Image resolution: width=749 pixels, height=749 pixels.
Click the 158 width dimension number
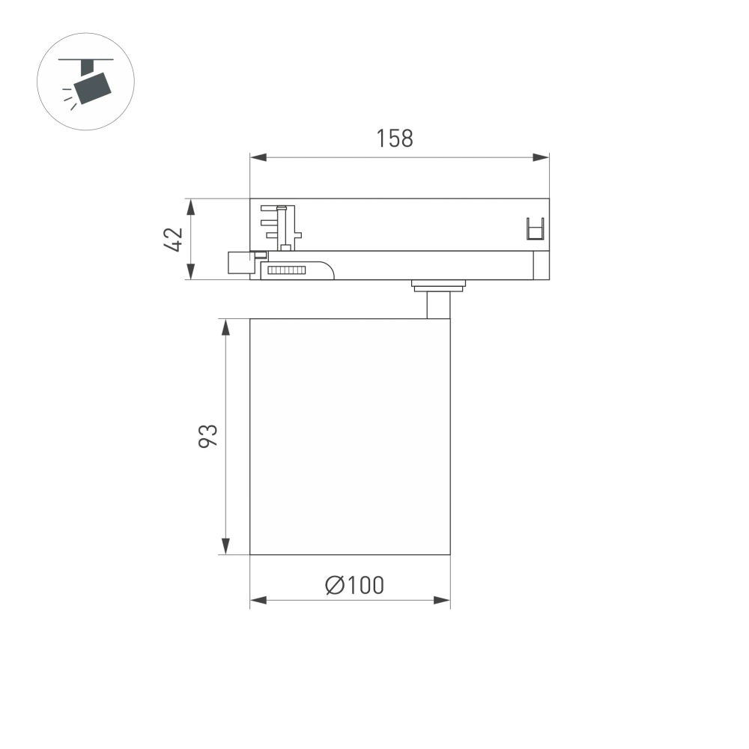[395, 139]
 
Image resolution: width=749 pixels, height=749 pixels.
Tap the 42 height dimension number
[173, 239]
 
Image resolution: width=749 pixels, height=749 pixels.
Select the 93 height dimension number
[207, 436]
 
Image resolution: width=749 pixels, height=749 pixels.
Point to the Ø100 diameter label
[354, 585]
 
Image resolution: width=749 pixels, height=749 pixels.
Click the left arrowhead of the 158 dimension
[258, 157]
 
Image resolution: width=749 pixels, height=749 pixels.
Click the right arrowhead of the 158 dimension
[541, 157]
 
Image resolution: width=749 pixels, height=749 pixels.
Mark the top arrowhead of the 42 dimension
[191, 207]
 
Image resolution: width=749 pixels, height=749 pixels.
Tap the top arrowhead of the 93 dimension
[225, 327]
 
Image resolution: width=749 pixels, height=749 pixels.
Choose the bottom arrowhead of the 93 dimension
[225, 547]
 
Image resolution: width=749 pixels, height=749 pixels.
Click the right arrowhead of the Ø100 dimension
[442, 600]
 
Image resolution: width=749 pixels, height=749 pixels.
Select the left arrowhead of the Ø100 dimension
[258, 600]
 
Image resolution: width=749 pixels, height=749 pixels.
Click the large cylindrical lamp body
[350, 437]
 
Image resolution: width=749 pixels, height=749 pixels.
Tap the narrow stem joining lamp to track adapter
[438, 304]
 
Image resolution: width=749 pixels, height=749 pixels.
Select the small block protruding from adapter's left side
[240, 263]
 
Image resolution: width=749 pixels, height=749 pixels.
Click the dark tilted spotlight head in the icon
[94, 85]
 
